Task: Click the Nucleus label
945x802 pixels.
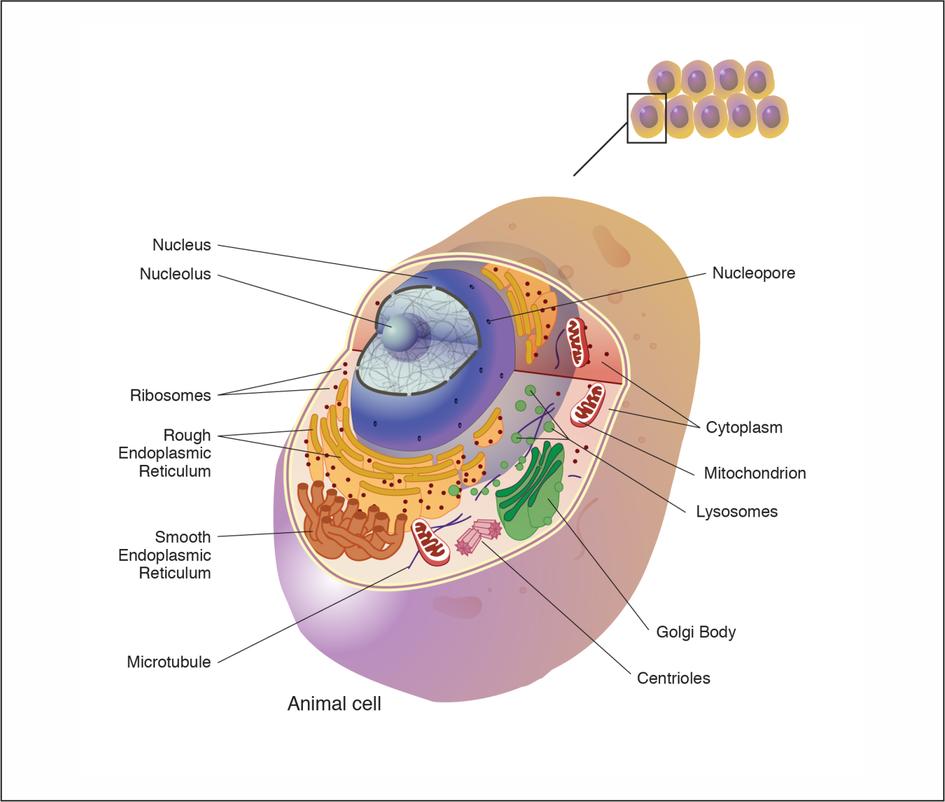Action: coord(181,245)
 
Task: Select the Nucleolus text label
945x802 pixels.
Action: coord(175,274)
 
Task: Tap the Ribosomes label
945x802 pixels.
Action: coord(170,396)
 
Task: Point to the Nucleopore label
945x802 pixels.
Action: coord(754,273)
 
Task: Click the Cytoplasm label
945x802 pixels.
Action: coord(744,427)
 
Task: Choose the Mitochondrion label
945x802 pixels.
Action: coord(754,473)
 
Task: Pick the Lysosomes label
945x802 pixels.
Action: coord(736,512)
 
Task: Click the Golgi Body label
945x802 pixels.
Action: coord(696,632)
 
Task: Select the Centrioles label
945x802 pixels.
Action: coord(673,678)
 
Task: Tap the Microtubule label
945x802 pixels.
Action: coord(168,662)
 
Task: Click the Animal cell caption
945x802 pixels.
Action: coord(334,704)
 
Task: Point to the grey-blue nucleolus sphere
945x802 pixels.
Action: coord(400,333)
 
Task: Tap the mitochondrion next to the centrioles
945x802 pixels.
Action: coord(431,542)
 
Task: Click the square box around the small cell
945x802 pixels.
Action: coord(646,118)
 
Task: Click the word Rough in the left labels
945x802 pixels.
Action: coord(187,435)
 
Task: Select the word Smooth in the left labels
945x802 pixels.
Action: coord(183,537)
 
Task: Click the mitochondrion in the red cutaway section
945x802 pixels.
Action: coord(577,342)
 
